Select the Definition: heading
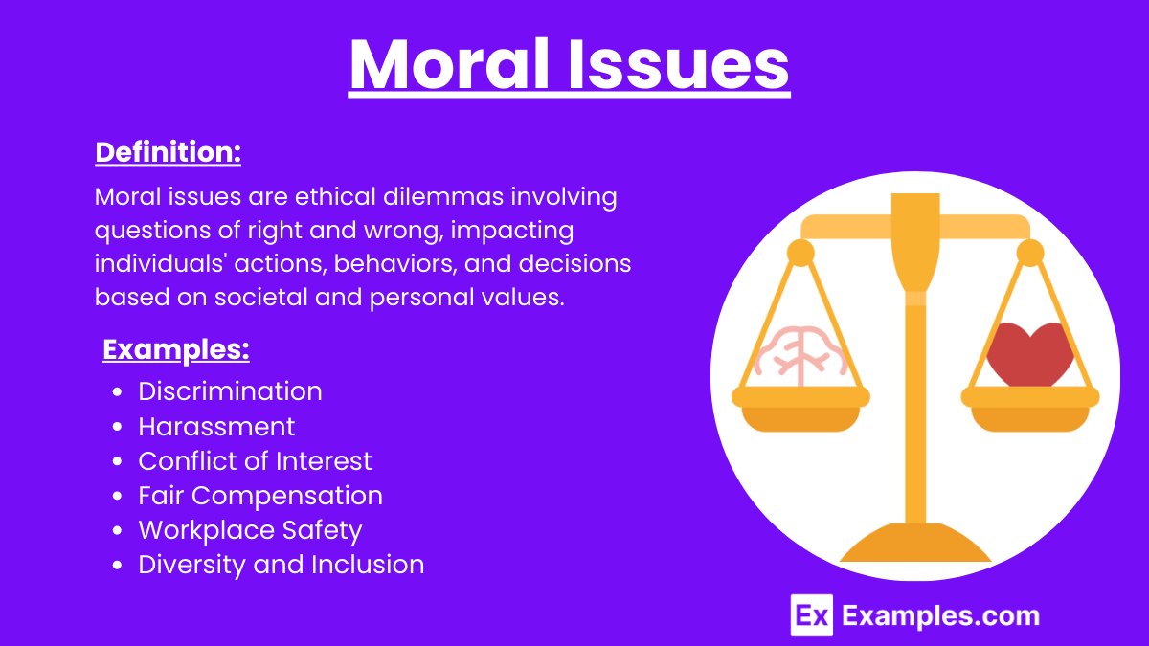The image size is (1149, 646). (168, 152)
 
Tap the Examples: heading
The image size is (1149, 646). (176, 350)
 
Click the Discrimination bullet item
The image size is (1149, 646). (230, 391)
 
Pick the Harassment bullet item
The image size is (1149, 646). (216, 426)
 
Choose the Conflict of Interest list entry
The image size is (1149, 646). (255, 460)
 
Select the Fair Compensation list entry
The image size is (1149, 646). (260, 496)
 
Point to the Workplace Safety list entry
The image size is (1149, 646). (250, 530)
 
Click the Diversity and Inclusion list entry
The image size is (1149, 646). (281, 565)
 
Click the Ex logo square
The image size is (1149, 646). (811, 614)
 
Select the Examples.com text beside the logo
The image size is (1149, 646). (940, 615)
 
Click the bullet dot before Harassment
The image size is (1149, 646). (117, 427)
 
